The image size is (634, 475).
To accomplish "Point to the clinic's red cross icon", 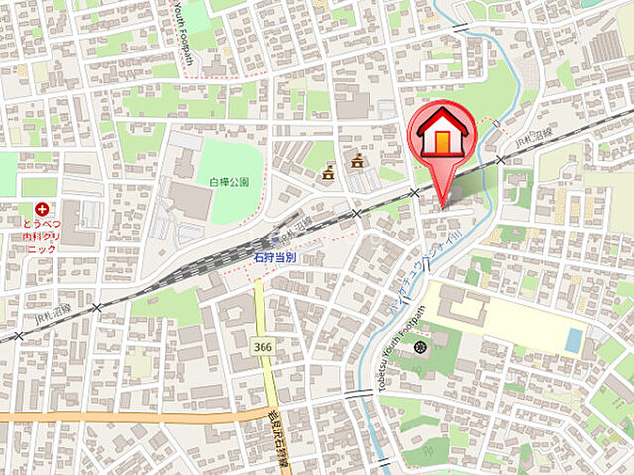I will (42, 209).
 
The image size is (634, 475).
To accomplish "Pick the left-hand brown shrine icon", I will (328, 174).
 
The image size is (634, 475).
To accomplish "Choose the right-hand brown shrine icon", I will (355, 160).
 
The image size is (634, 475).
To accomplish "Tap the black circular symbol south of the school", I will (420, 347).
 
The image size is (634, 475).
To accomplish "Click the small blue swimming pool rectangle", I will (575, 338).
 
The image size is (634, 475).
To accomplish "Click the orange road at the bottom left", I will (99, 417).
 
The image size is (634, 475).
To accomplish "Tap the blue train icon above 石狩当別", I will (276, 240).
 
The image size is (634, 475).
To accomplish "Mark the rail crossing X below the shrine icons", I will (357, 213).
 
